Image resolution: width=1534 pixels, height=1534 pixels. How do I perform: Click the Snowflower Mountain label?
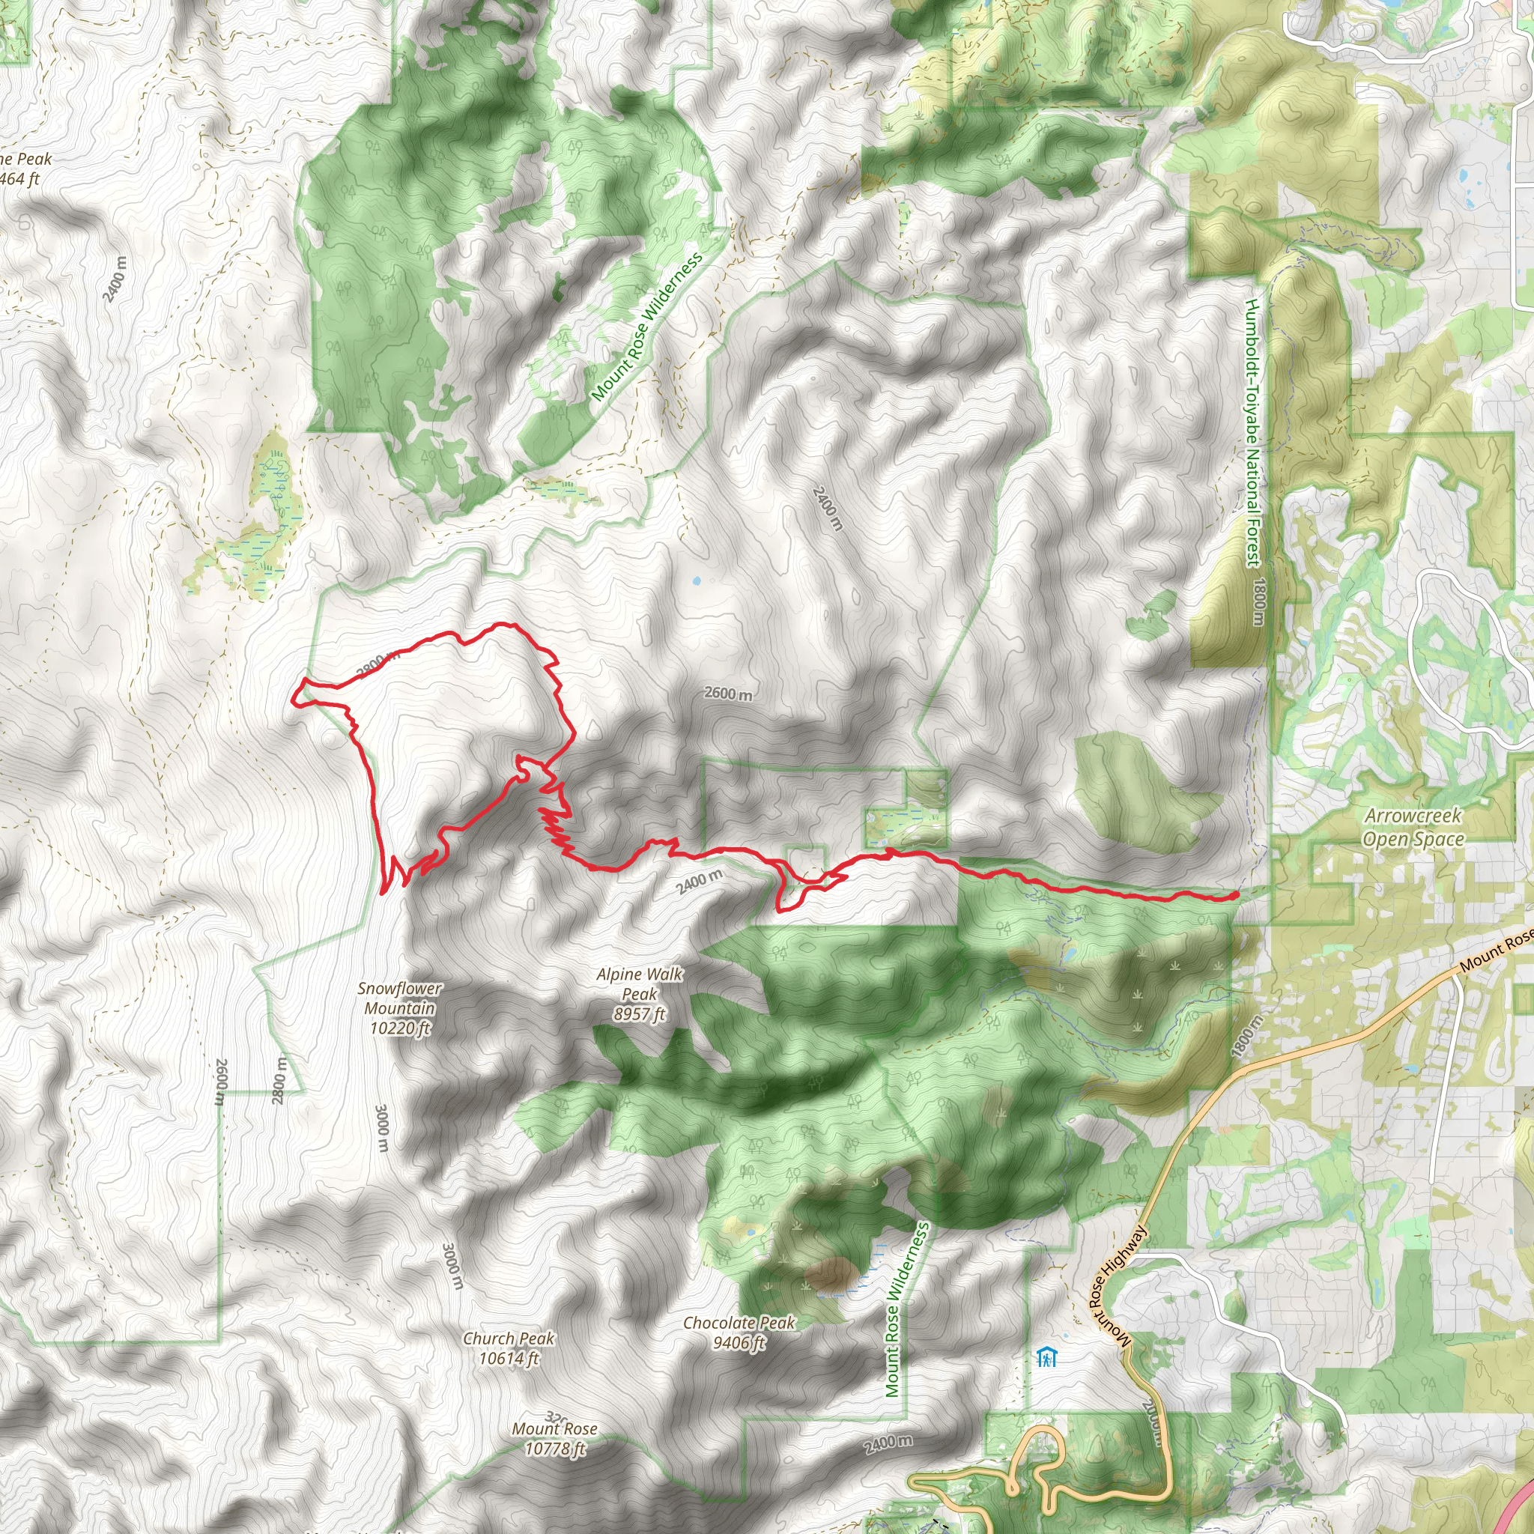[x=399, y=1007]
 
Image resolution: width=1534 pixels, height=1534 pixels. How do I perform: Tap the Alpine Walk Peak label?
[x=639, y=993]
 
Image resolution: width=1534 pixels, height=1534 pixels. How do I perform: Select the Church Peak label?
[x=509, y=1348]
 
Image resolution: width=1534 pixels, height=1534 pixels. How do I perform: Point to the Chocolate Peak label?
[x=739, y=1333]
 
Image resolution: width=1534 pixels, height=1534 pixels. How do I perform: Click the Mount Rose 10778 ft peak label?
[x=554, y=1438]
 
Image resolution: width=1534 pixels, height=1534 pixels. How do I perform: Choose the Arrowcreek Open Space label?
[x=1413, y=828]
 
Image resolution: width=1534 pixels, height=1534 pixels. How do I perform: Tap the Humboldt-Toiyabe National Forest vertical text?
[x=1253, y=433]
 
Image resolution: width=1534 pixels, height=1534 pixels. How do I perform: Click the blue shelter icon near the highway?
[x=1046, y=1356]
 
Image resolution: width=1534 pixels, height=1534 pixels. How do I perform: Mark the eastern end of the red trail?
[x=1236, y=895]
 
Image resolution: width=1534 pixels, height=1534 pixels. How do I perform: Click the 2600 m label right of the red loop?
[x=728, y=693]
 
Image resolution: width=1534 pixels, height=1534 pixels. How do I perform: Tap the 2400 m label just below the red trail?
[x=700, y=882]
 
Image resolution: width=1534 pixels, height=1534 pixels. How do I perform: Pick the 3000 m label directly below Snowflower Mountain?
[x=382, y=1128]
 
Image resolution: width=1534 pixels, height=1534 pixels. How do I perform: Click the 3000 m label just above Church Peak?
[x=451, y=1266]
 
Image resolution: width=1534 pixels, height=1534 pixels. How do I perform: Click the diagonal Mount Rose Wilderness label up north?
[x=646, y=327]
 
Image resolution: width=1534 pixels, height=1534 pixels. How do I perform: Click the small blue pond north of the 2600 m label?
[x=697, y=580]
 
